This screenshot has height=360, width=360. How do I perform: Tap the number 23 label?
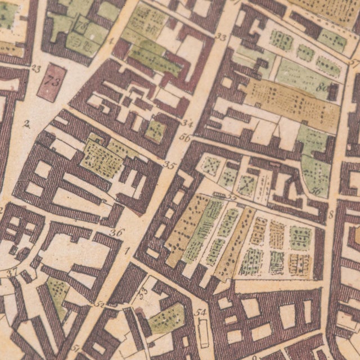pos(37,69)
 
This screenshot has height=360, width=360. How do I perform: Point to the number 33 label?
pos(220,38)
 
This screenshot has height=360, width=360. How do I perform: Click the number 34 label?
pos(187,123)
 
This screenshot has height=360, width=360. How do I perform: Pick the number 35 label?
pos(169,165)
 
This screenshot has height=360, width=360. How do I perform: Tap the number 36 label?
pos(116,232)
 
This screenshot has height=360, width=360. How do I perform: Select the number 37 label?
pos(12,272)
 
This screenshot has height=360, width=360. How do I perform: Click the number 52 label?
pos(100,304)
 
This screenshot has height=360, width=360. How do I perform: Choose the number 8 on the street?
pos(331,214)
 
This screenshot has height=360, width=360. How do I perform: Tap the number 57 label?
pos(354,63)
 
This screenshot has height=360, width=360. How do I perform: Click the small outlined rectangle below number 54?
pos(203,332)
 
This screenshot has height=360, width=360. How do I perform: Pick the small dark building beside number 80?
pos(334,92)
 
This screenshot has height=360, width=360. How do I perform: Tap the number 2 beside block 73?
pos(26,124)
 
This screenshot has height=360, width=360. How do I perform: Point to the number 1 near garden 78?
pos(111,40)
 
